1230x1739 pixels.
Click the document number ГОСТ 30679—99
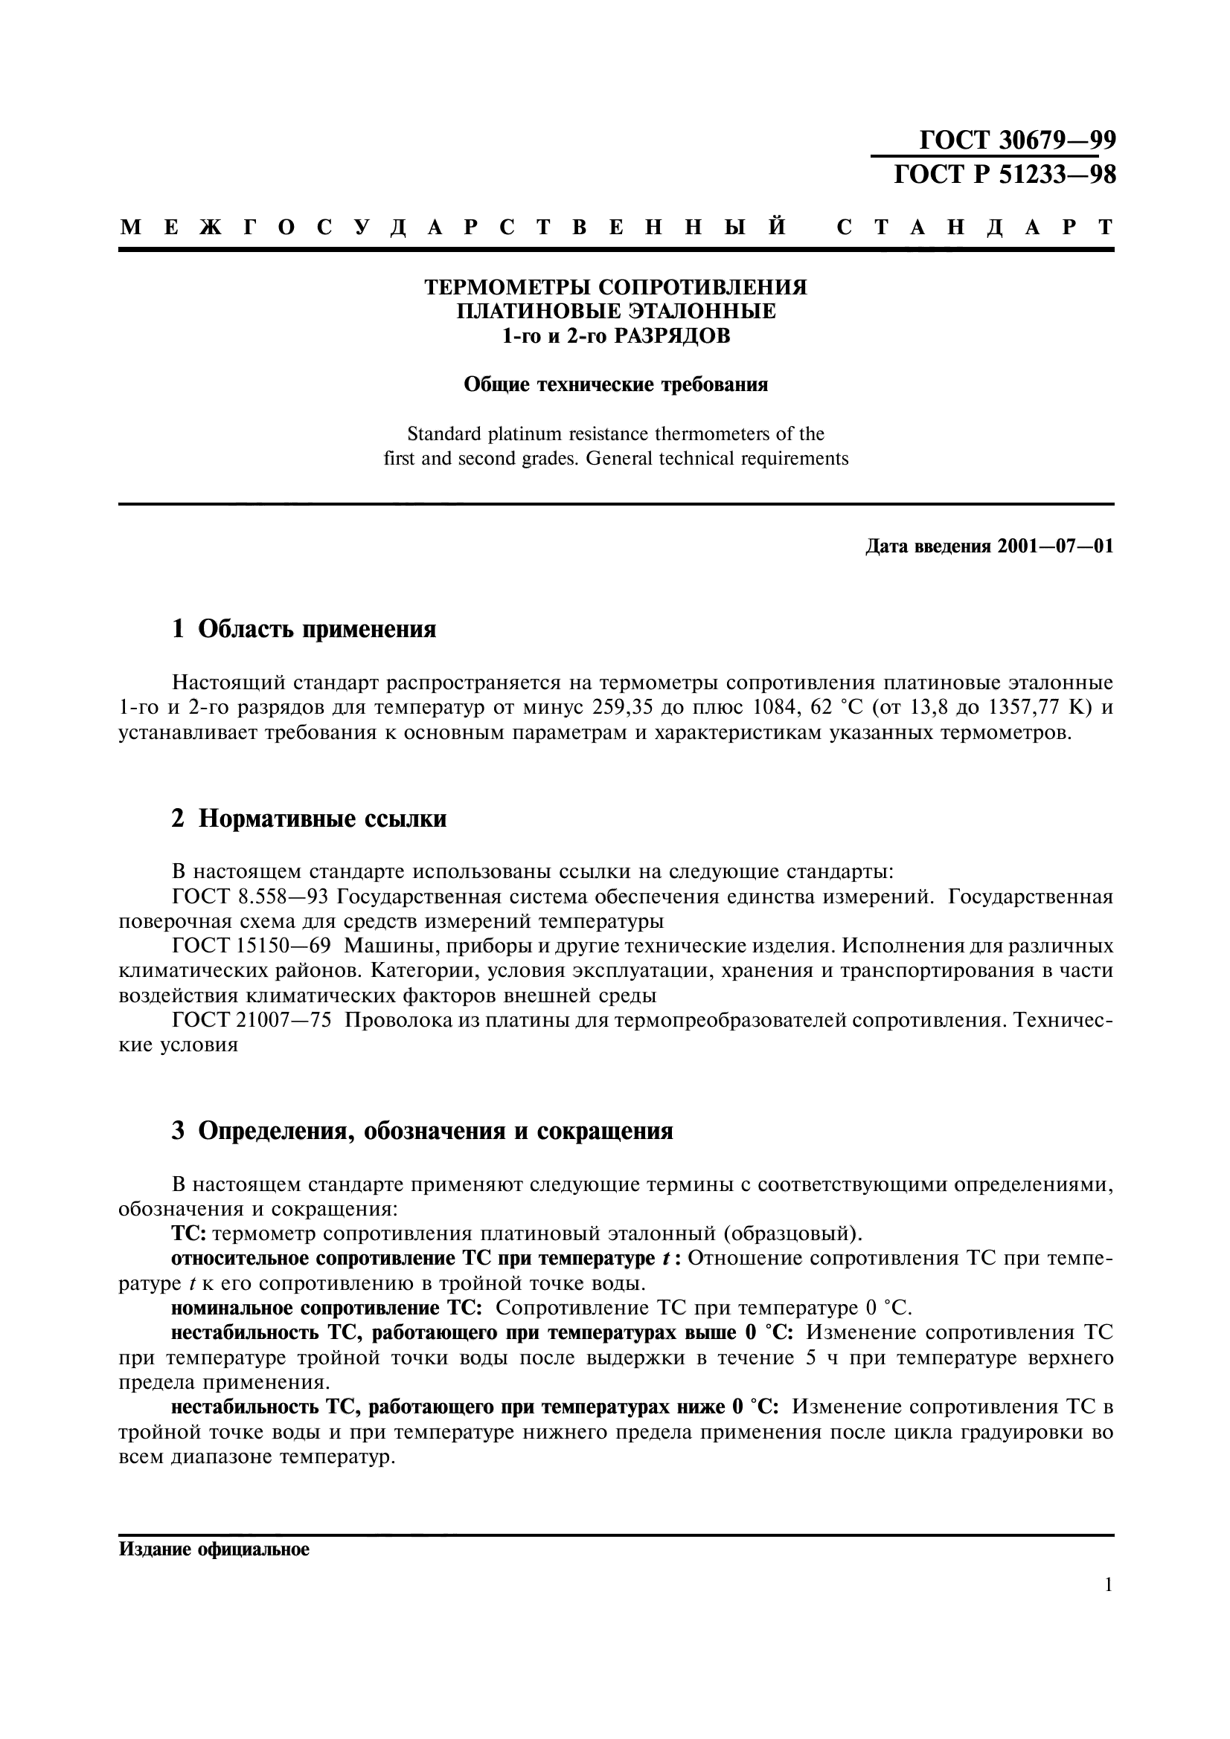click(1017, 141)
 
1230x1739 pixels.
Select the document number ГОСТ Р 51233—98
click(1005, 175)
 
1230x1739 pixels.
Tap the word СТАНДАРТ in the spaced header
click(976, 228)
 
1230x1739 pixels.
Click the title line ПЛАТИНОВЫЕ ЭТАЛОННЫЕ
click(615, 312)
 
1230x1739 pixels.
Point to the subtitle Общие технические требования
click(615, 385)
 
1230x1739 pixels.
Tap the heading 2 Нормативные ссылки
click(310, 819)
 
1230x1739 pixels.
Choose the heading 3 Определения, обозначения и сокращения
click(422, 1131)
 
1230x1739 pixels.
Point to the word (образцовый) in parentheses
click(791, 1235)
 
